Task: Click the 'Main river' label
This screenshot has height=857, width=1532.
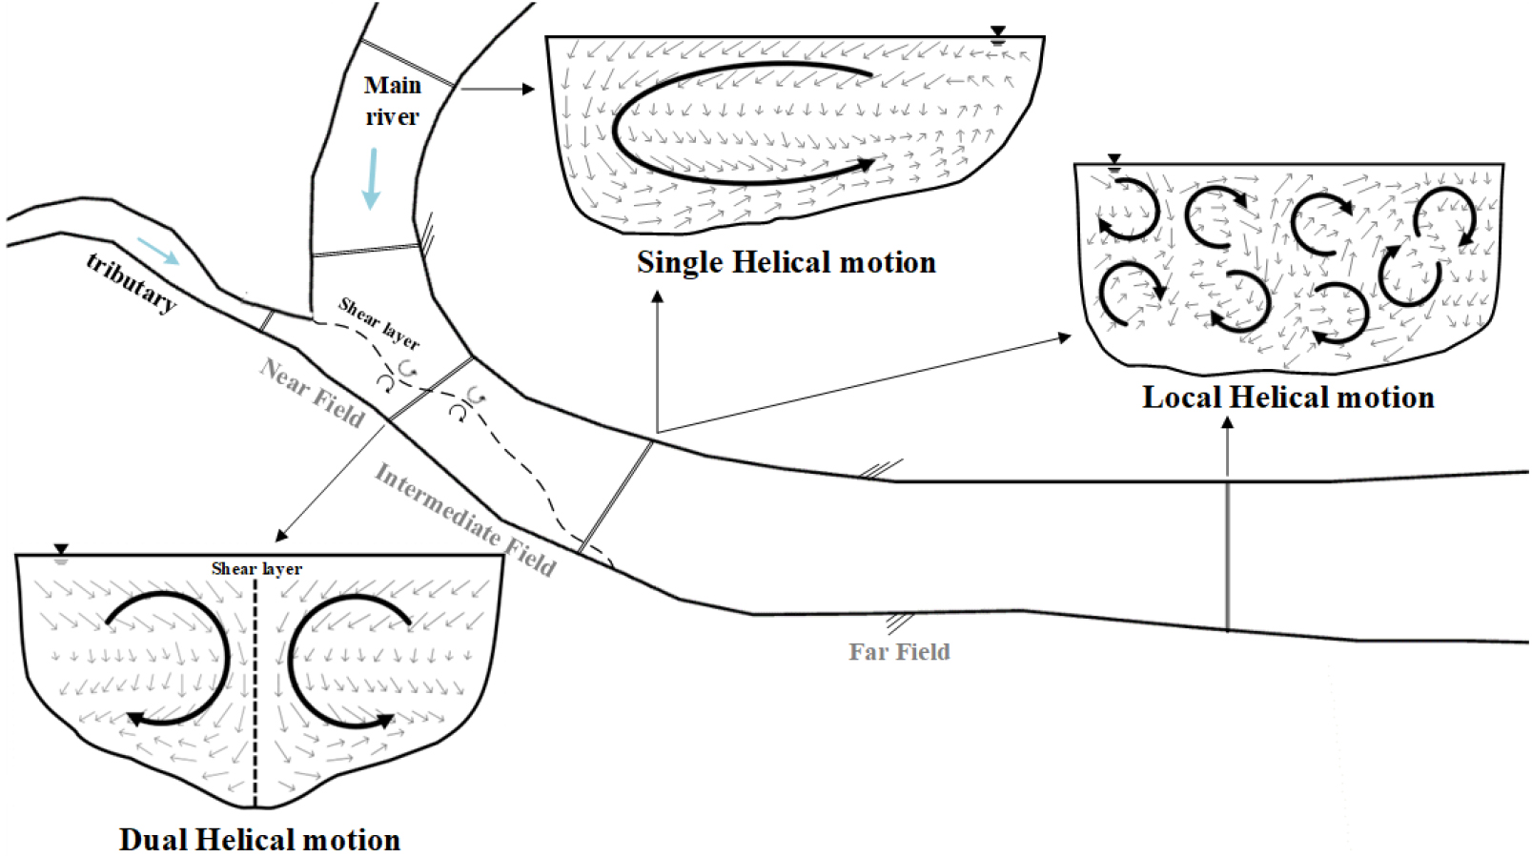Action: coord(392,100)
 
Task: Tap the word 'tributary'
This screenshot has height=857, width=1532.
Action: coord(132,282)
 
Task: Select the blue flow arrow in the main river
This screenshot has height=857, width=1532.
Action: coord(372,178)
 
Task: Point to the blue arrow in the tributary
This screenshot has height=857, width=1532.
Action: coord(157,251)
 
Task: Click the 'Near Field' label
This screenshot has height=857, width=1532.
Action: coord(313,394)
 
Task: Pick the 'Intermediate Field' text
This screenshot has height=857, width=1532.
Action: coord(464,520)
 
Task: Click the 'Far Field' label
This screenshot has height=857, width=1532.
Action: coord(899,652)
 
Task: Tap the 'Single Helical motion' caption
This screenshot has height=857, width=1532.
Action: coord(786,262)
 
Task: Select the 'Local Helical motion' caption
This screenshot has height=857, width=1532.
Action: coord(1288,397)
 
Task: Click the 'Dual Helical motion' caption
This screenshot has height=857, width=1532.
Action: coord(259,839)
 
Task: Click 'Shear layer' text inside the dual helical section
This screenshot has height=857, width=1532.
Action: coord(256,568)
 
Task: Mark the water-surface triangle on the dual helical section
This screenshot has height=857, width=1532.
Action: coord(61,551)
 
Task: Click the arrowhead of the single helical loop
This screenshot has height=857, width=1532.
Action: coord(865,164)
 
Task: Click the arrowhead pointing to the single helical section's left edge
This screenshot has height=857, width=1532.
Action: coord(529,89)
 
